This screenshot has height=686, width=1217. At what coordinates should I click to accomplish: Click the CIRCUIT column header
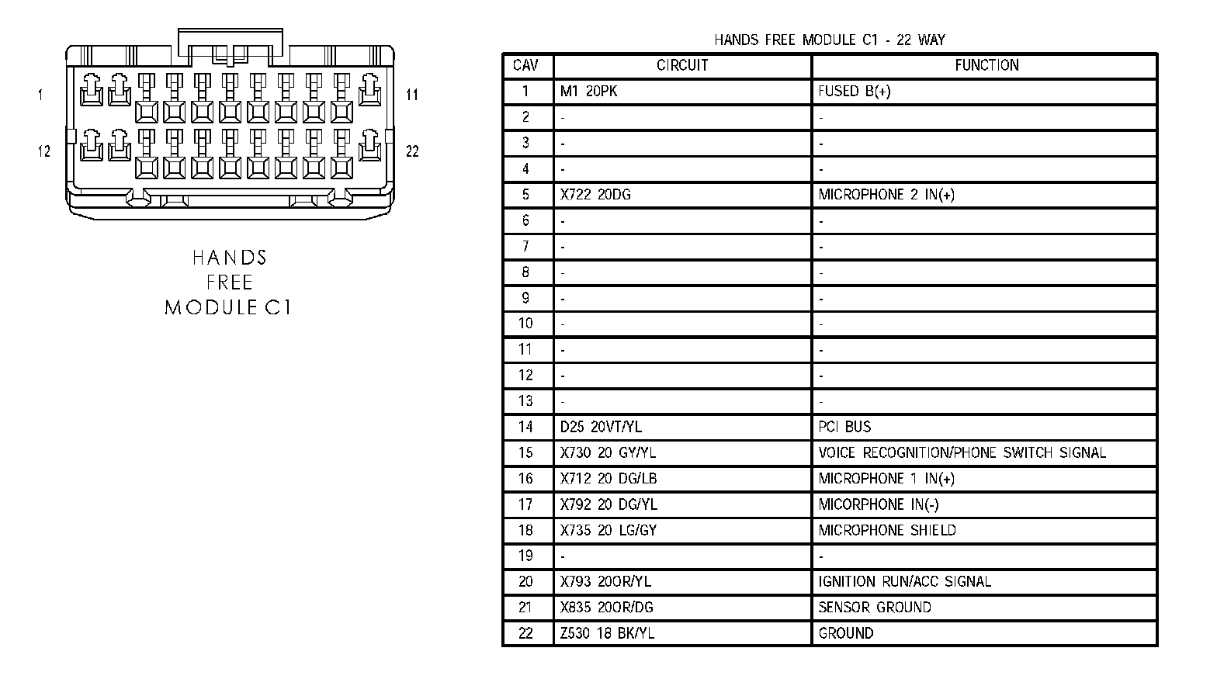coord(682,65)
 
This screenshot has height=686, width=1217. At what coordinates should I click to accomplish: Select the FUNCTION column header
coord(986,65)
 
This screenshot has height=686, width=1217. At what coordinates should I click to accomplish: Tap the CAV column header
coord(525,65)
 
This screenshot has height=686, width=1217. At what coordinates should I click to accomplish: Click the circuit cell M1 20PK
coord(589,92)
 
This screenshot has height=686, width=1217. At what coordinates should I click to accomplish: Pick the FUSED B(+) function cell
coord(855,92)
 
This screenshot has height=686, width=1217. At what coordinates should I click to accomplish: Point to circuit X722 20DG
coord(595,195)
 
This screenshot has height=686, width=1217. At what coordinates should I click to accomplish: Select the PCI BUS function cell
coord(844,427)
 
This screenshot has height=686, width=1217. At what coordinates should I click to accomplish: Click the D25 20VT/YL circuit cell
coord(601,427)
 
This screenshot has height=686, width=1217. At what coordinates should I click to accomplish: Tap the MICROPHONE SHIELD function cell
coord(887,530)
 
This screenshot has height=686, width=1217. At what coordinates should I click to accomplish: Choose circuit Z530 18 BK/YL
coord(607,633)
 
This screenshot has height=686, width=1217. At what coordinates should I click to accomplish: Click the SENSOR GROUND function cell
coord(875,608)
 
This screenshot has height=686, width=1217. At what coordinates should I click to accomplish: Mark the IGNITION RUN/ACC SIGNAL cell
coord(904,581)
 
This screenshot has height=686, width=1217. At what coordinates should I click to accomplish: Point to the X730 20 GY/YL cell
coord(608,452)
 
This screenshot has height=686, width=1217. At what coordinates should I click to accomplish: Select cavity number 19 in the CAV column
coord(525,556)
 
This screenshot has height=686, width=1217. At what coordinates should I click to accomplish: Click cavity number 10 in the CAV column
coord(525,324)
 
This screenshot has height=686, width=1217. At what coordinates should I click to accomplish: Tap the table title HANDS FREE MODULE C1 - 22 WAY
coord(829,40)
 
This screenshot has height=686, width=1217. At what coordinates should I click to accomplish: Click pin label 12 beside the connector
coord(43,151)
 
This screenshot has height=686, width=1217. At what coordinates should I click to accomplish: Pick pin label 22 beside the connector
coord(412,151)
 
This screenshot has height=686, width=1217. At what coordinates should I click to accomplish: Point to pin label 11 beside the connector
coord(412,95)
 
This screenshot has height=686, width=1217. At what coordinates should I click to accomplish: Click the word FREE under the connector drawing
coord(230,282)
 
